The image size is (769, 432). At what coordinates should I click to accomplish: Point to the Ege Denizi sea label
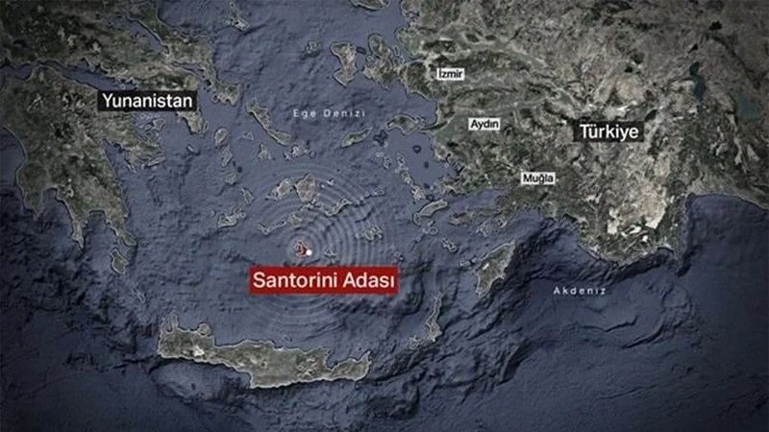point(320,114)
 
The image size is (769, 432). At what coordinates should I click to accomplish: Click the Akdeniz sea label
point(581,288)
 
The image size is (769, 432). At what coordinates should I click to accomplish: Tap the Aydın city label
point(482,125)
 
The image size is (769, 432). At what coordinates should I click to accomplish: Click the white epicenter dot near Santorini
point(309,252)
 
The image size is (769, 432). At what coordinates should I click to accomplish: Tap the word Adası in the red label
point(366,280)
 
